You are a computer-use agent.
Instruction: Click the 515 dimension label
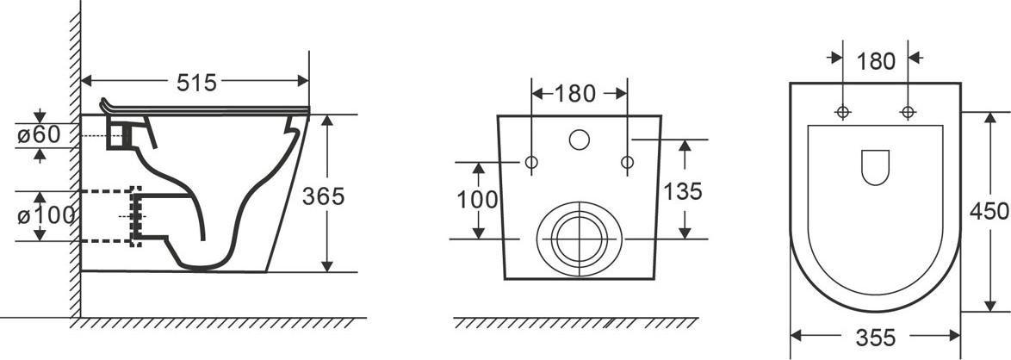pyautogui.click(x=196, y=83)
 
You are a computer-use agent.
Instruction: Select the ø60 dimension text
pyautogui.click(x=40, y=135)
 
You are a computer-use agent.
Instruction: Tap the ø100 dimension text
pyautogui.click(x=47, y=215)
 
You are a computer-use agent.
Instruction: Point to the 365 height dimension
pyautogui.click(x=323, y=196)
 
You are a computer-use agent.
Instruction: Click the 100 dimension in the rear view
pyautogui.click(x=477, y=200)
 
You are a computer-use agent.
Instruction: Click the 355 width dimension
pyautogui.click(x=876, y=337)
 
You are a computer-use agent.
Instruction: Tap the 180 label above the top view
pyautogui.click(x=876, y=61)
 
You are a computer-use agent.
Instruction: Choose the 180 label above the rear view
pyautogui.click(x=574, y=94)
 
